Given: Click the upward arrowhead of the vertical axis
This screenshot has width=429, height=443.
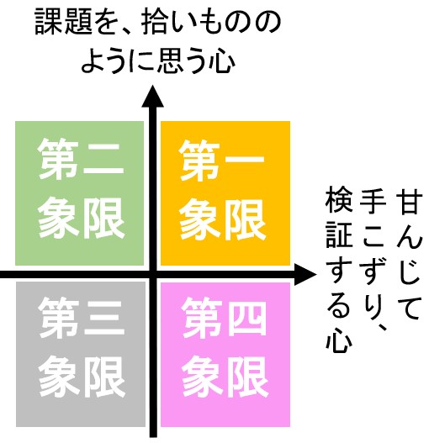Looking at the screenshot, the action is coord(153,97).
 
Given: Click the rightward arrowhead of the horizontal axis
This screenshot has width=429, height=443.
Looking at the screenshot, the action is coord(305,274).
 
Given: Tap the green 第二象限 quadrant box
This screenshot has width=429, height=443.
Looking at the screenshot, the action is coord(79,193).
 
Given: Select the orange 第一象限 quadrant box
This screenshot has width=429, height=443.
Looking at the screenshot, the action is coord(225,193).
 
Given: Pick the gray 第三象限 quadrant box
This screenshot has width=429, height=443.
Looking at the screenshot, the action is coord(81,354).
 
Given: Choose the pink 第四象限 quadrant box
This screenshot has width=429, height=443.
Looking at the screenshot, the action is coord(225,354).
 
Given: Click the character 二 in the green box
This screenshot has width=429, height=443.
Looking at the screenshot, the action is coord(103,160).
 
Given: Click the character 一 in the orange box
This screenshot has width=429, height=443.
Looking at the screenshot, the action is coord(243,161).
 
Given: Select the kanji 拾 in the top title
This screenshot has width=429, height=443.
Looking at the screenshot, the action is coord(155,23).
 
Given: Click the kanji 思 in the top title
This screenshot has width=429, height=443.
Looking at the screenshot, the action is coord(171,61).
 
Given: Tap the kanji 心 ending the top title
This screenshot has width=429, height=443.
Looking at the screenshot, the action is coord(221,61).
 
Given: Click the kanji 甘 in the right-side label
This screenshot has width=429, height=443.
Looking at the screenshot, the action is coord(409,202).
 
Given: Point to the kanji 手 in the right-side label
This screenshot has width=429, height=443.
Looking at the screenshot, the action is coord(373,202).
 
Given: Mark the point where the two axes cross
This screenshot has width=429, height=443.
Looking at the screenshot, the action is coord(153,274).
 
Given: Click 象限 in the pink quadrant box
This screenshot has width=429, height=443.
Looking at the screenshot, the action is coord(225,377).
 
